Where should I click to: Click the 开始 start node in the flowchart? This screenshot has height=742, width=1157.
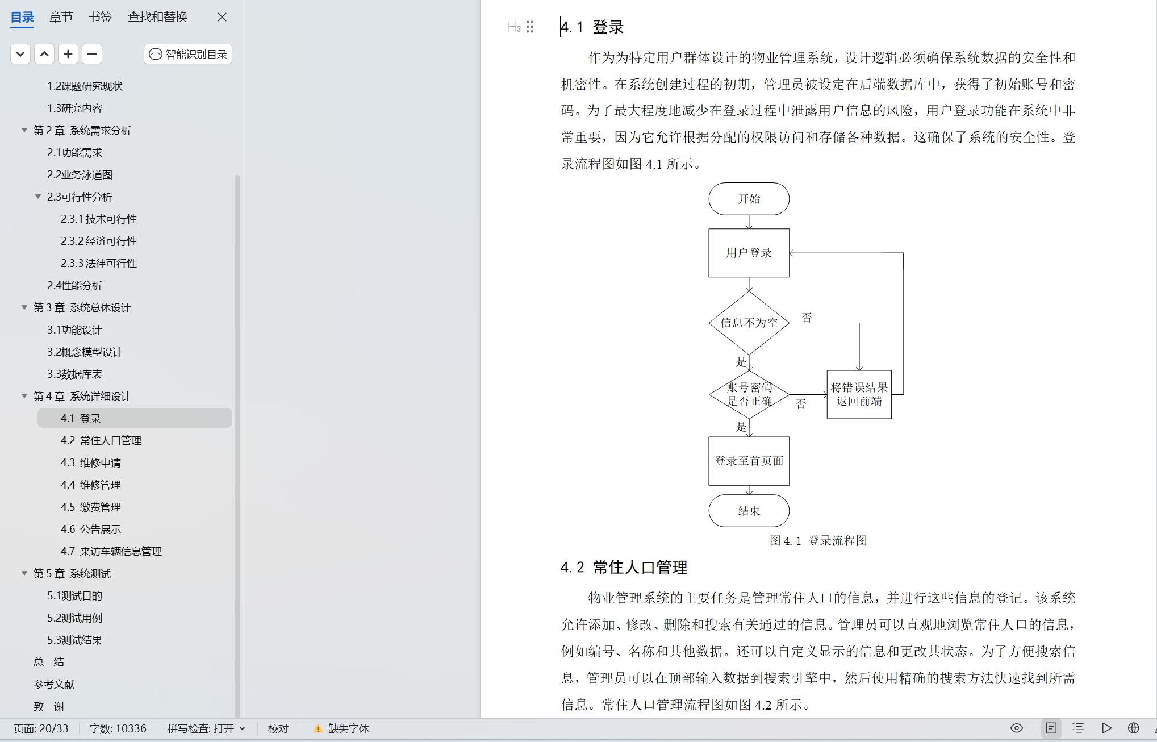tap(749, 199)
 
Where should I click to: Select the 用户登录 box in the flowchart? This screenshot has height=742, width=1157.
tap(749, 253)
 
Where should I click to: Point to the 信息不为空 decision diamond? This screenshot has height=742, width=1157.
tap(749, 323)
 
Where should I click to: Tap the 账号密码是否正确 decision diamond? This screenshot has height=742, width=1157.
tap(749, 394)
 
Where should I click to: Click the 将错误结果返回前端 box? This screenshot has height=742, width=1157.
tap(859, 394)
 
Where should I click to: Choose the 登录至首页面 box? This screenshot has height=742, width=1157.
tap(749, 461)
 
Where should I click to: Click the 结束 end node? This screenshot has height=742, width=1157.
tap(749, 511)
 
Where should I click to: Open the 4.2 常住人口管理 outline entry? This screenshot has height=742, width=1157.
tap(101, 440)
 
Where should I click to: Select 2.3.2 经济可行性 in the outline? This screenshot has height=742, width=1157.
tap(98, 241)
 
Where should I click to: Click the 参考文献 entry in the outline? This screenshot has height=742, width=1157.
tap(54, 684)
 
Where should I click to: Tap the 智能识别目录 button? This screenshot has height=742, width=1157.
tap(188, 54)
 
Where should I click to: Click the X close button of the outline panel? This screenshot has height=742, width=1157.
tap(222, 17)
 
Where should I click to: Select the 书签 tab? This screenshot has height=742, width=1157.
tap(101, 17)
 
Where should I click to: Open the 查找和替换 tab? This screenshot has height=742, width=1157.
tap(157, 17)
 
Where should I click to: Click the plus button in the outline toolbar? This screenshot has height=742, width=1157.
tap(68, 54)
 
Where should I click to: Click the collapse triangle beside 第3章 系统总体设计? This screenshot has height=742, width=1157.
tap(24, 307)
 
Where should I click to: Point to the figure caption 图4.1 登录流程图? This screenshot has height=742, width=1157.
tap(818, 540)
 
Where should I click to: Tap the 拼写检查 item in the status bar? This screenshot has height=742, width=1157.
tap(206, 728)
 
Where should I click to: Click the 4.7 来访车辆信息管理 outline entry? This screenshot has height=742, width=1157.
tap(111, 551)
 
